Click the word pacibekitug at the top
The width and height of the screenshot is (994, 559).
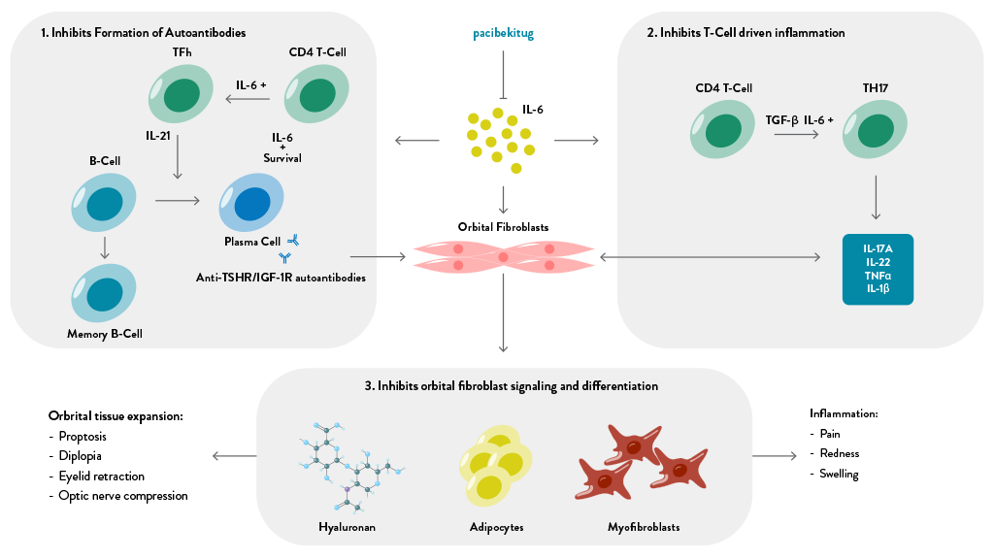(503, 33)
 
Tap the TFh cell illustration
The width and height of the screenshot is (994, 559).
(181, 94)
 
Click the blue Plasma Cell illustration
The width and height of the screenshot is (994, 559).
(251, 204)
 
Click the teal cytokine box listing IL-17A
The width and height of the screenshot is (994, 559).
(878, 269)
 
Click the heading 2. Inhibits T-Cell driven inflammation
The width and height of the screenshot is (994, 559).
(745, 33)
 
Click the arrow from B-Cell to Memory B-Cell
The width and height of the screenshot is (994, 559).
(105, 249)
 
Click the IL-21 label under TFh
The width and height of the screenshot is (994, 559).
(158, 136)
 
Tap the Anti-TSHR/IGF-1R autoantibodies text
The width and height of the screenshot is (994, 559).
(280, 278)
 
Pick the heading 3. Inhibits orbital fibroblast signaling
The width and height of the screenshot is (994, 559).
(512, 385)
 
